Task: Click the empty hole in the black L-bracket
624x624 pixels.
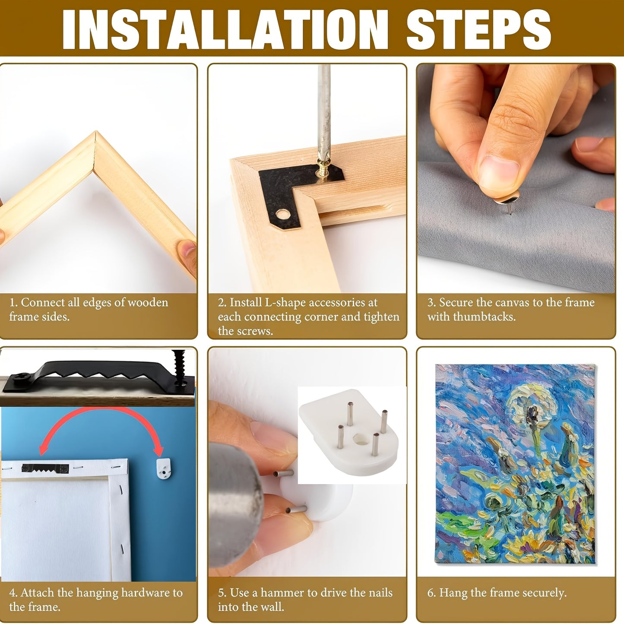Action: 284,214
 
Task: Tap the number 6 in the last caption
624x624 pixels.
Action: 431,593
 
